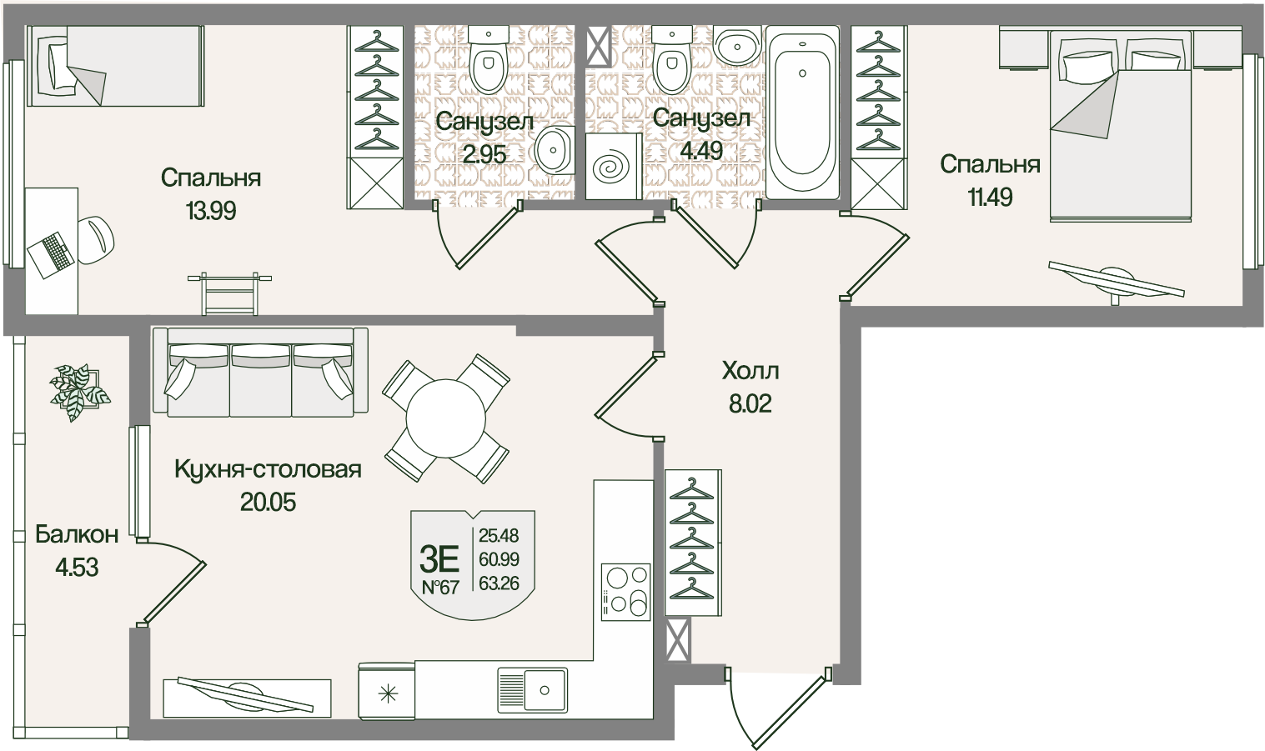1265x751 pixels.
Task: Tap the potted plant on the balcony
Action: tap(79, 393)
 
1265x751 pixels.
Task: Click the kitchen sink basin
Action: tap(532, 689)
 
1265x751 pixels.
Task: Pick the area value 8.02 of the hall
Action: tap(750, 404)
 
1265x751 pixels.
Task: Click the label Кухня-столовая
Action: tap(268, 469)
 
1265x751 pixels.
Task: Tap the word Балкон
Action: tap(77, 534)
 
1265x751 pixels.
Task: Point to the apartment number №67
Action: tap(439, 587)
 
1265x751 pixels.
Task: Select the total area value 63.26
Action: tap(499, 583)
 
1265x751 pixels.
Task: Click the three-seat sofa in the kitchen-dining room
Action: tap(259, 372)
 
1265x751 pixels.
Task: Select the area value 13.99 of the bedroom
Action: tap(211, 211)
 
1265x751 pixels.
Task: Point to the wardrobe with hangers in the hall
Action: tap(692, 542)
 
